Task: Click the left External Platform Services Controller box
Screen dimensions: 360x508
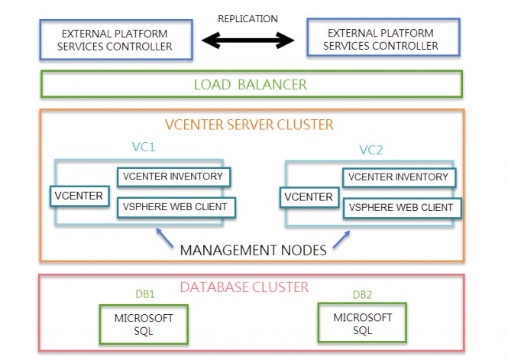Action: tap(116, 40)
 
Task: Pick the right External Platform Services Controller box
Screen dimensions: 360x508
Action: tap(383, 40)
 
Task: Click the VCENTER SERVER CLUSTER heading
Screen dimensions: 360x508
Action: tap(250, 124)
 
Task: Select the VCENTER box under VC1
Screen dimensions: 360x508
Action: tap(78, 196)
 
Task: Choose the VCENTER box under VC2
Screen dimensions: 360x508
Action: tap(309, 197)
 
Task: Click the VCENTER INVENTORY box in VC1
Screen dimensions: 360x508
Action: tap(173, 177)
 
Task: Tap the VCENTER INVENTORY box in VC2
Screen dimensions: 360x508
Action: tap(398, 177)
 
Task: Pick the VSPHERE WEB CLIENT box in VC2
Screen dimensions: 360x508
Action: tap(401, 207)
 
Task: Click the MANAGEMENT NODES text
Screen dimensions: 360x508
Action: tap(253, 249)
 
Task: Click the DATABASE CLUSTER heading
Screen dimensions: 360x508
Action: tap(244, 287)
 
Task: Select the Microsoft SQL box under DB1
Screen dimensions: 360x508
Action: tap(144, 323)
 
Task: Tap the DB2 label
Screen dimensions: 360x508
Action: tap(364, 294)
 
